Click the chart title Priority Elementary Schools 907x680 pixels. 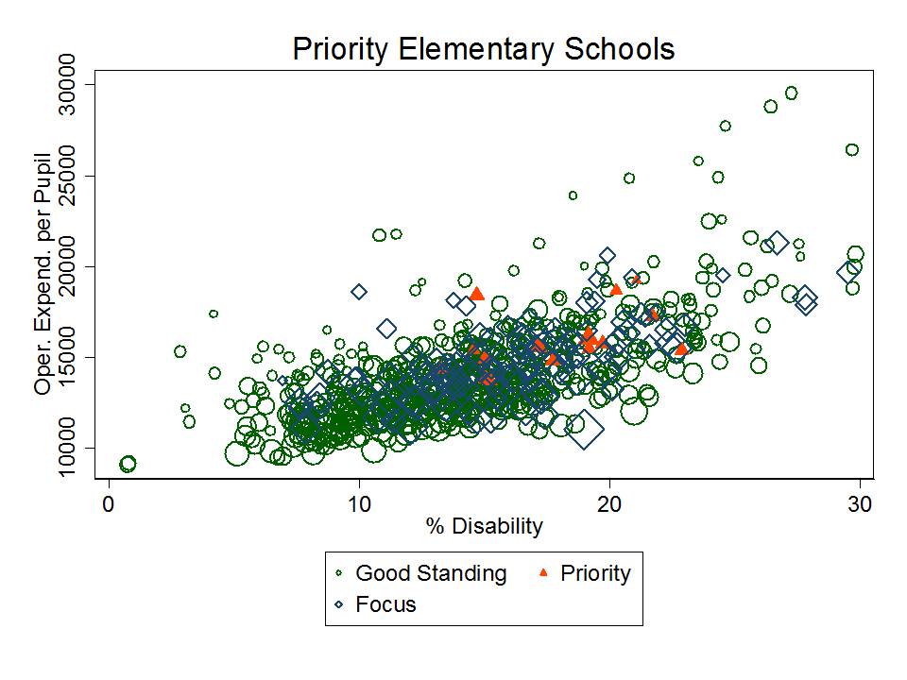pyautogui.click(x=484, y=48)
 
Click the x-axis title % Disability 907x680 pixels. pyautogui.click(x=484, y=526)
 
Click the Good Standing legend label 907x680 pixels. pyautogui.click(x=431, y=573)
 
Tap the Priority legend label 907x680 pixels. pyautogui.click(x=595, y=573)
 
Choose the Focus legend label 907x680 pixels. pyautogui.click(x=385, y=604)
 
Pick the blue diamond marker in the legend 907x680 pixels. pyautogui.click(x=339, y=604)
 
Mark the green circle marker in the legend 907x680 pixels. pyautogui.click(x=339, y=573)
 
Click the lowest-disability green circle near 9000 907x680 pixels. pyautogui.click(x=128, y=464)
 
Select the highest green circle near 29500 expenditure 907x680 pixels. pyautogui.click(x=792, y=93)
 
